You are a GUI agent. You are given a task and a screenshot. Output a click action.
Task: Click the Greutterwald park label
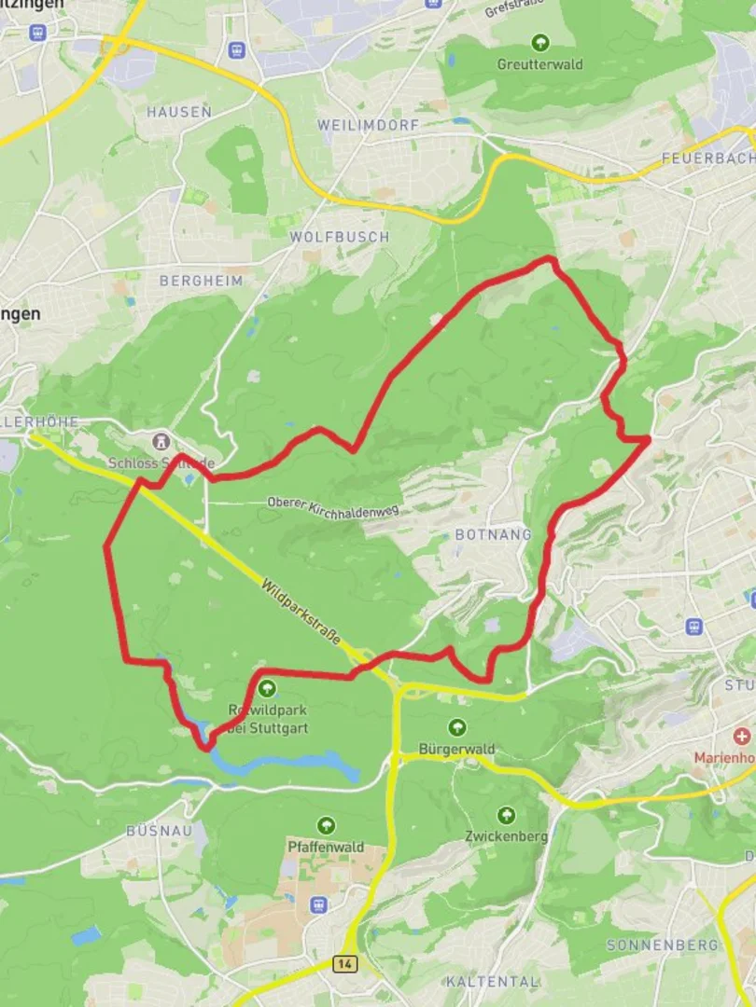539,65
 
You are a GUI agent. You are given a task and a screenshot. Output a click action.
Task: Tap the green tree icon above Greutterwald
539,42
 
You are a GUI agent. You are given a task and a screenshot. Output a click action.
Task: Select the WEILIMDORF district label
368,125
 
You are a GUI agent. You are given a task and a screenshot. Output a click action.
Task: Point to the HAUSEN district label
179,112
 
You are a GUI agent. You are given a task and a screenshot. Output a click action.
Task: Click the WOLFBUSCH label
339,237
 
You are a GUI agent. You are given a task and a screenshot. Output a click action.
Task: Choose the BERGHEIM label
201,281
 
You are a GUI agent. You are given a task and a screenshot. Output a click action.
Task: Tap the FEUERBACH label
707,159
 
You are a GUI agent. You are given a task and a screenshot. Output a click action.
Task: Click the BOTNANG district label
493,535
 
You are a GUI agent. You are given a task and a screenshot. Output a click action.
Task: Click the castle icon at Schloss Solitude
162,441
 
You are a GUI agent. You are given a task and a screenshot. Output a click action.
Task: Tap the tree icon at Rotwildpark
268,689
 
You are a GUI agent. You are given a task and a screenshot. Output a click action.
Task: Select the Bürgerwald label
456,750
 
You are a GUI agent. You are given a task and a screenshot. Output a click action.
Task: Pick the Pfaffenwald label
325,846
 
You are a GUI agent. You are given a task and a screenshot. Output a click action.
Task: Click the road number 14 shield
345,962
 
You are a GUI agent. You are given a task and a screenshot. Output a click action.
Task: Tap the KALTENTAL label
492,982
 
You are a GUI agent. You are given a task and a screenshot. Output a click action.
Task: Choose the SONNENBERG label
663,945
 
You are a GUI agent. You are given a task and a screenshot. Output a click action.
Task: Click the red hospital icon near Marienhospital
742,737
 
